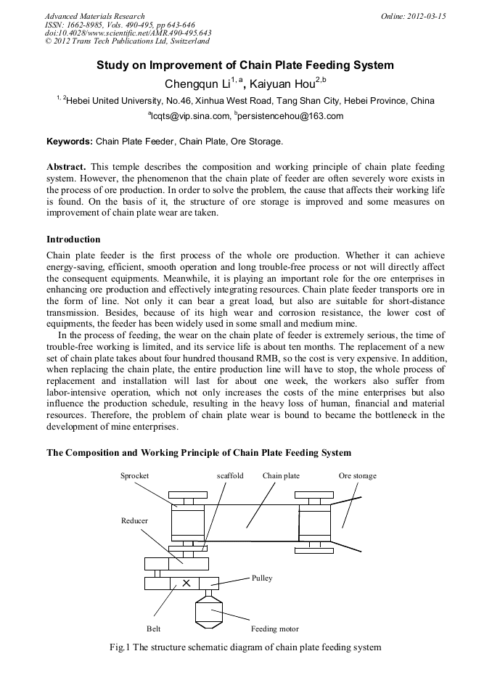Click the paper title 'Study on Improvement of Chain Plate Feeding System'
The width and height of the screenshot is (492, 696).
tap(245, 65)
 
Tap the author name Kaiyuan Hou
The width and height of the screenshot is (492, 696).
tap(290, 83)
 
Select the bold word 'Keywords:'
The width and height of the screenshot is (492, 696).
tap(69, 141)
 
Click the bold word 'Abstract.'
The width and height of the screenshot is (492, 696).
tap(67, 167)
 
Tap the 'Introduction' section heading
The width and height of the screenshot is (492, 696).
tap(73, 239)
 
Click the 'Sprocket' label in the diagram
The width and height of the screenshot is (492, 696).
tap(134, 476)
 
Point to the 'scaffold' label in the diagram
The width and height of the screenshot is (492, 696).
tap(230, 476)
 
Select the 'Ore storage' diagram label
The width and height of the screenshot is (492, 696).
tap(357, 476)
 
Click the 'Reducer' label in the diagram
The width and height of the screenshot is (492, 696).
tap(134, 521)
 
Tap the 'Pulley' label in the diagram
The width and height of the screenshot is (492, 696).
tap(262, 578)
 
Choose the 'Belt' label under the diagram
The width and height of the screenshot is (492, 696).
tap(153, 629)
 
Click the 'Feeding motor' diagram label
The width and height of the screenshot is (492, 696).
tap(274, 629)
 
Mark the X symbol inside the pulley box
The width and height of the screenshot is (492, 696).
tap(186, 583)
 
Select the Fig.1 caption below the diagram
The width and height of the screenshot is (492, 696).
tap(245, 647)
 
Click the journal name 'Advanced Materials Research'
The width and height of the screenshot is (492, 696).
tap(94, 15)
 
